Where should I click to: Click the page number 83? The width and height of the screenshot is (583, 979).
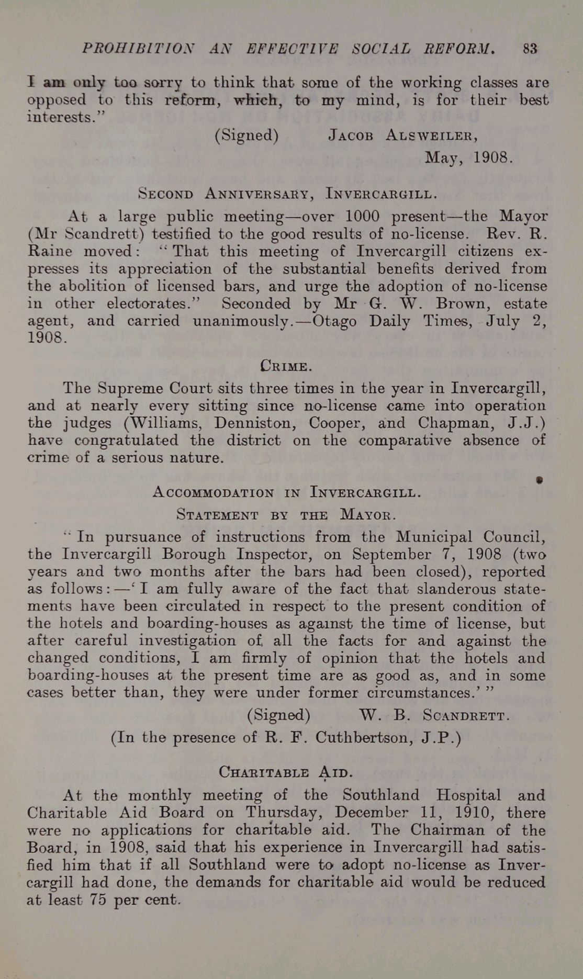pos(530,49)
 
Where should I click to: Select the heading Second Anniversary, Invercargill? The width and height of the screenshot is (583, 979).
pos(287,194)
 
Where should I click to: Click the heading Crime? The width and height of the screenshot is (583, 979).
pos(286,365)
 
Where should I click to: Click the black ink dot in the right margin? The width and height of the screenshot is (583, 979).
pos(540,480)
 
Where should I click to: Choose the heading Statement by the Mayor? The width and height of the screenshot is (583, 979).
pos(286,514)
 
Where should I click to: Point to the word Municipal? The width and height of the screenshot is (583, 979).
pos(434,537)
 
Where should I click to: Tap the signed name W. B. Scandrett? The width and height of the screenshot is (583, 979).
pos(434,715)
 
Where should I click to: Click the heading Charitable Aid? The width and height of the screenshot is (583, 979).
pos(286,772)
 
